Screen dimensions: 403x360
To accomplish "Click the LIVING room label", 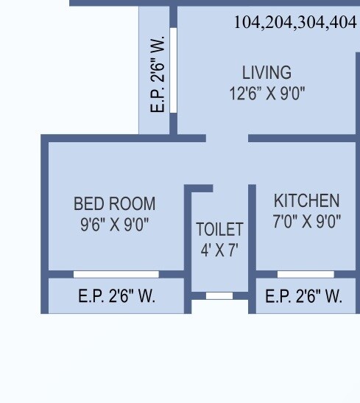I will [x=267, y=73].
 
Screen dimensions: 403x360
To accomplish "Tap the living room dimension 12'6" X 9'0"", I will [x=267, y=93].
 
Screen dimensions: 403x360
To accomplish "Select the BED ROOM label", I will [x=115, y=203].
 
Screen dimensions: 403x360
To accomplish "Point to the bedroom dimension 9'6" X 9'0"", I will [x=115, y=223].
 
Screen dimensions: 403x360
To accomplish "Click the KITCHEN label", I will [x=307, y=200].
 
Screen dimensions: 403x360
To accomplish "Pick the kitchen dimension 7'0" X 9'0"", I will [x=307, y=220].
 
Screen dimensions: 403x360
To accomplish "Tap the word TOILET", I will [x=219, y=229].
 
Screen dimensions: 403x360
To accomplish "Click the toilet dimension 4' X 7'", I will [x=219, y=250].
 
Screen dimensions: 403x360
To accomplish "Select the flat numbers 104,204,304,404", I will [x=294, y=23].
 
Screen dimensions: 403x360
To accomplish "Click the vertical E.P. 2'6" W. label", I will [x=158, y=74].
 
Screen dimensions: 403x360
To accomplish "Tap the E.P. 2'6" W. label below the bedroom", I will [x=116, y=296].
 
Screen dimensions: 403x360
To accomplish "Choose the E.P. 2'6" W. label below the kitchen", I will [x=303, y=296].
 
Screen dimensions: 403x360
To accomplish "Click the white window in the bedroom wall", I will [x=116, y=274].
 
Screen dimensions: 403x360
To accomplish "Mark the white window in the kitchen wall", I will [x=306, y=274].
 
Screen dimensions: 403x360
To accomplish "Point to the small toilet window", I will [x=219, y=295].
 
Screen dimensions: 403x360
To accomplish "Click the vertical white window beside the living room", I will [x=174, y=70].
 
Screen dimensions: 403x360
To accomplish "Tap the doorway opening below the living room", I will [x=227, y=138].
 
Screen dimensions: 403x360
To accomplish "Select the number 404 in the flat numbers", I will [x=344, y=23].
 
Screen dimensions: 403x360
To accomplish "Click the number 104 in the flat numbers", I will [x=247, y=23].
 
